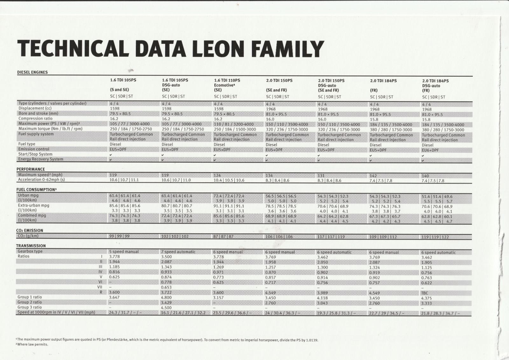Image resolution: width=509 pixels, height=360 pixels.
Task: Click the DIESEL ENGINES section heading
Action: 32,72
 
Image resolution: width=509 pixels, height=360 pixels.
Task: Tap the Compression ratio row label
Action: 35,118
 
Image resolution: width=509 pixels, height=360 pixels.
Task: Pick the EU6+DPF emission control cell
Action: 430,150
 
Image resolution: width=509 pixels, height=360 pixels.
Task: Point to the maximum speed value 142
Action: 373,176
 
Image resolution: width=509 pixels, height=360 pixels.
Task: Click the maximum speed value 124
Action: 217,175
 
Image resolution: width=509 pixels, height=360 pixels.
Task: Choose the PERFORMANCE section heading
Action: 31,169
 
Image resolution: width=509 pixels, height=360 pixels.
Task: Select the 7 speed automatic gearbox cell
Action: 178,252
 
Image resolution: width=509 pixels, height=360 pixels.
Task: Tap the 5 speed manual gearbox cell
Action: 124,251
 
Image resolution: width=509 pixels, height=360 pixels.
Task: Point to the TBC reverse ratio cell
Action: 424,293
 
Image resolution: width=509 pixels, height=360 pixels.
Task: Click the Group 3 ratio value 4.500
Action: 166,308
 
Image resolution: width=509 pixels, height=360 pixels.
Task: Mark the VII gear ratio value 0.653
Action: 166,287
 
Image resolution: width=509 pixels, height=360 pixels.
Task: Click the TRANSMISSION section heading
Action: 31,246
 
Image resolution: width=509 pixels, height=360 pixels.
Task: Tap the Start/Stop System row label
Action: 35,154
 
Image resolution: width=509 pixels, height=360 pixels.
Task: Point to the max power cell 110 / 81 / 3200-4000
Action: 234,124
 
